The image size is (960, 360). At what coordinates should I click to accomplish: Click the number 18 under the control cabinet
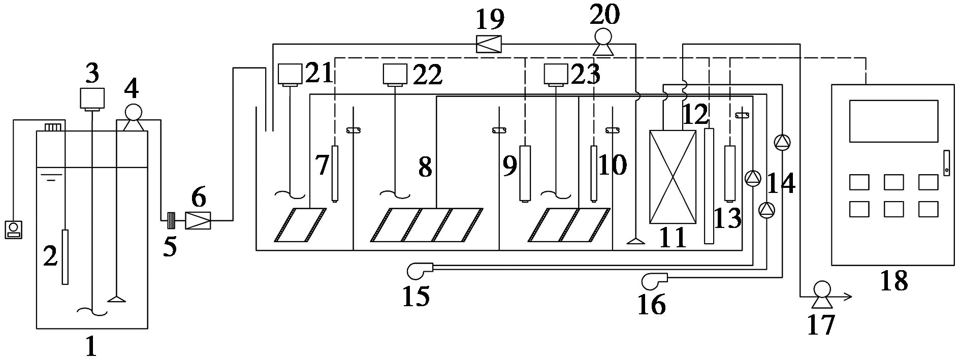[x=893, y=280]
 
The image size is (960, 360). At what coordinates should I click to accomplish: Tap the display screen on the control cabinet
[x=893, y=121]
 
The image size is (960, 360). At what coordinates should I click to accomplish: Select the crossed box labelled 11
[x=673, y=177]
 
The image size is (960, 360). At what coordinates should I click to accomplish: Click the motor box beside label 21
[x=290, y=74]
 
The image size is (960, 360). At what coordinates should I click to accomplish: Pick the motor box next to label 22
[x=395, y=74]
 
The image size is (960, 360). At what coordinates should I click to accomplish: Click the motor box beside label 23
[x=556, y=74]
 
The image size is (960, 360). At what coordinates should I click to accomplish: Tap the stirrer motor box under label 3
[x=92, y=99]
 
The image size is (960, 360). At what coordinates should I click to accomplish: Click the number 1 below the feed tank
[x=91, y=347]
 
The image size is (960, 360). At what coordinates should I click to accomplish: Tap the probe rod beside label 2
[x=65, y=257]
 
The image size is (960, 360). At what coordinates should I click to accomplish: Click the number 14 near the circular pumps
[x=781, y=183]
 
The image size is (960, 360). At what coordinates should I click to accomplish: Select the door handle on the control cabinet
[x=946, y=163]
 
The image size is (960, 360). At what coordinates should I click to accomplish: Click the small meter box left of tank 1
[x=14, y=229]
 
